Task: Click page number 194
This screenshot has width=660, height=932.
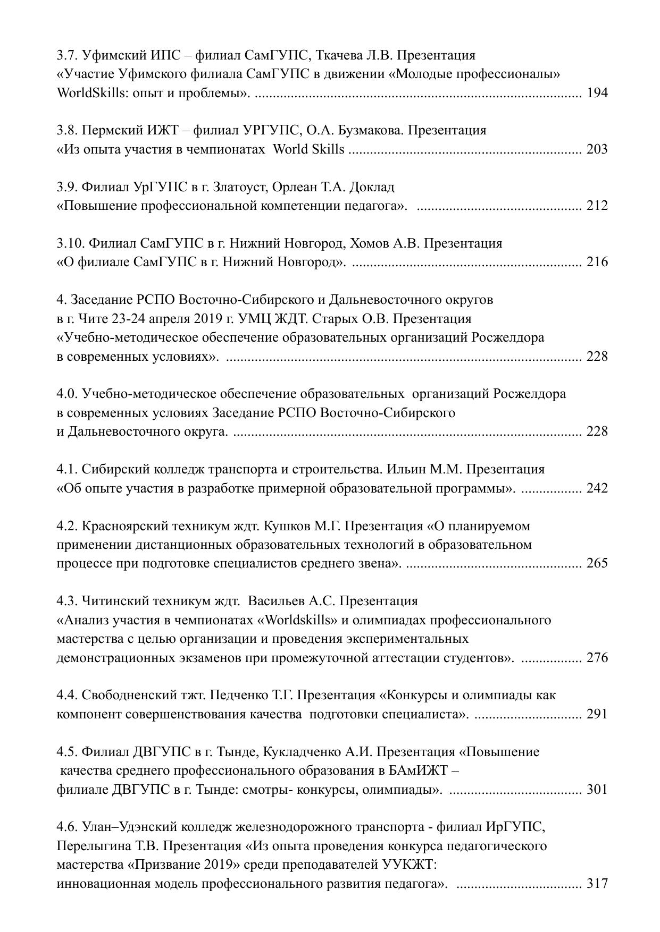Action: [597, 93]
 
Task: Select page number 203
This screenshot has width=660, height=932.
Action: [597, 149]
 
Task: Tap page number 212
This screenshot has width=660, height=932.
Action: [597, 206]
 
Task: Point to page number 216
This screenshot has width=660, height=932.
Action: [597, 262]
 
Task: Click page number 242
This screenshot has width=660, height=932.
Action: [597, 488]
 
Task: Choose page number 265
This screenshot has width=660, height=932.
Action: [597, 563]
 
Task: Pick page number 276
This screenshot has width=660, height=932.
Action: [597, 658]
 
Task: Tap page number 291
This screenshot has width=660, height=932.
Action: [597, 714]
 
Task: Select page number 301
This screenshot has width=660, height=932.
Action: [597, 789]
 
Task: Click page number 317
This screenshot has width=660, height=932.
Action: [597, 884]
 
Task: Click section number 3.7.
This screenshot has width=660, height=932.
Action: [68, 55]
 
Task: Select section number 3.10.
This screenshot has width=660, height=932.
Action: [71, 243]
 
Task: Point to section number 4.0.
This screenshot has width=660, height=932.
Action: [68, 394]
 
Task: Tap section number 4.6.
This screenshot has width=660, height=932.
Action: [68, 827]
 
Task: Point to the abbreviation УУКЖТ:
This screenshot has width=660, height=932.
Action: [410, 865]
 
